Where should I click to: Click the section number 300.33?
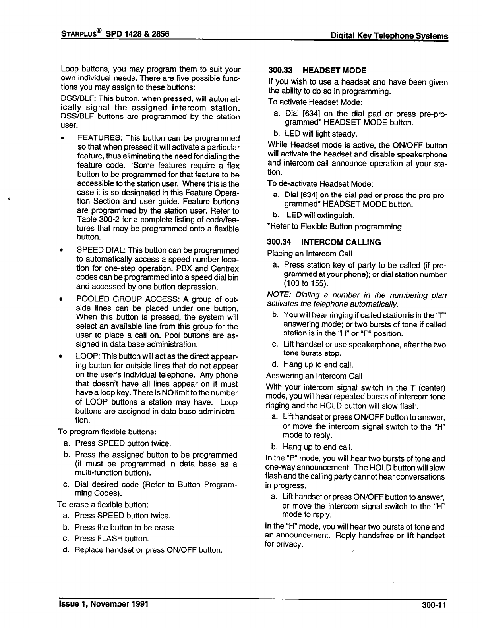280,71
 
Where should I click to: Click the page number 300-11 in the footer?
434,605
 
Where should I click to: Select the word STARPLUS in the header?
79,33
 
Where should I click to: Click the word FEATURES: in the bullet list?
100,138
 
